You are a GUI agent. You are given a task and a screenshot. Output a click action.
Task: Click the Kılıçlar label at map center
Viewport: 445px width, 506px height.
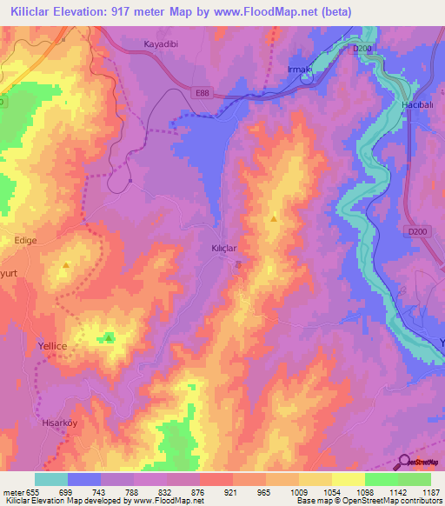pos(225,248)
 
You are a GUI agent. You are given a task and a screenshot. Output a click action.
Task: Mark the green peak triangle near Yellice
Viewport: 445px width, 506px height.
pos(109,336)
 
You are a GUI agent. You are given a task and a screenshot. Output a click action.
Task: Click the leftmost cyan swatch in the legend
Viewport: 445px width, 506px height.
pos(50,479)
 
